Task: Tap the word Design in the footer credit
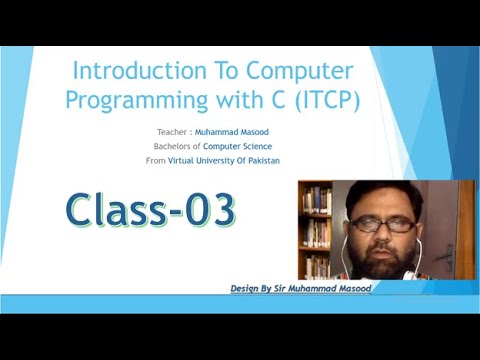[x=247, y=288]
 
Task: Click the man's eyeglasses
[x=382, y=225]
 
